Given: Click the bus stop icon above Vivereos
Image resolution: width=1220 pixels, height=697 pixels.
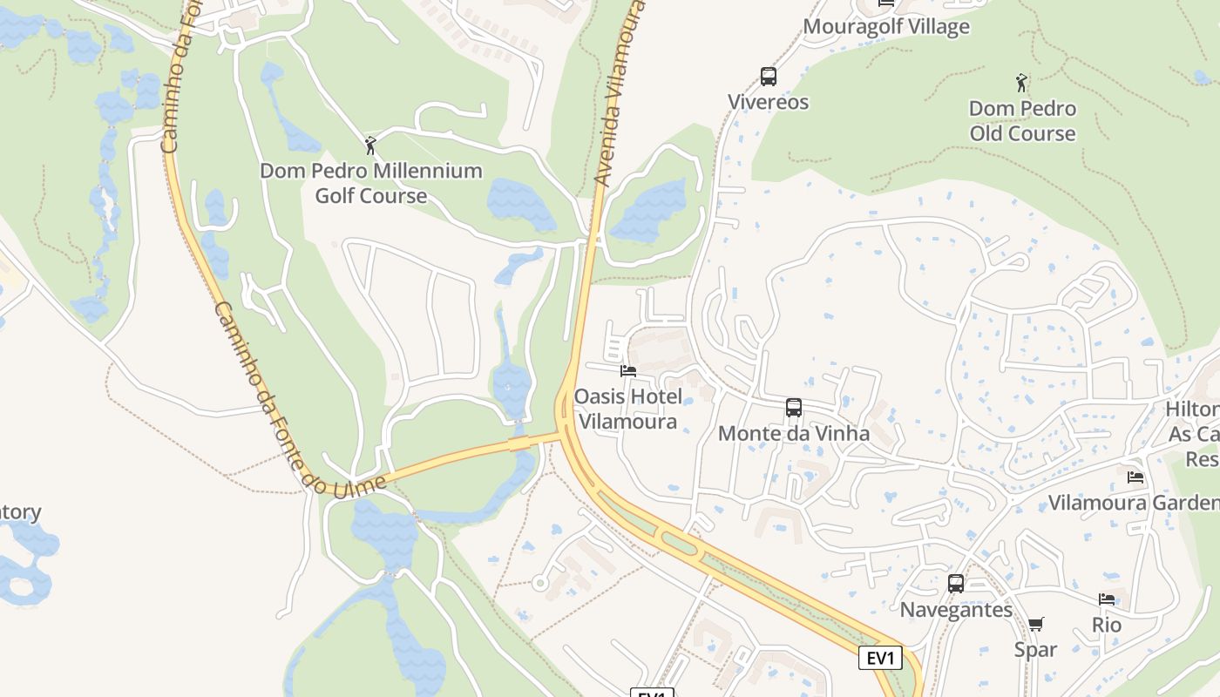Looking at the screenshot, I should tap(768, 77).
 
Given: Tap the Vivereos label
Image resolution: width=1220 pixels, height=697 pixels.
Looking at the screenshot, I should tap(768, 102).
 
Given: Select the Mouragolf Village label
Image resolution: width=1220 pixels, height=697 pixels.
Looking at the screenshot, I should tap(885, 26).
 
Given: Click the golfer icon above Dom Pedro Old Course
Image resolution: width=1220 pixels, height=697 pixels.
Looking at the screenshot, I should tap(1021, 83).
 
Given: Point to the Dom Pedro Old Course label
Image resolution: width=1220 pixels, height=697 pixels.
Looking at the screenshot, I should tap(1022, 121).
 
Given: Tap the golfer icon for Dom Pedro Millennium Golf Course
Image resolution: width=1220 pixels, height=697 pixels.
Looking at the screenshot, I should tap(370, 145).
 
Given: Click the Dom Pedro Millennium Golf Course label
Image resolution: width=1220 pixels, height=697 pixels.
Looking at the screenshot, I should tap(371, 183).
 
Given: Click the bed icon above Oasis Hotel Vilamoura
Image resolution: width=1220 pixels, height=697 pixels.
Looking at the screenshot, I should tap(627, 371).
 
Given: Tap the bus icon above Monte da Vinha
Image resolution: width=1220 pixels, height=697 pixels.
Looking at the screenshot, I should tap(793, 407).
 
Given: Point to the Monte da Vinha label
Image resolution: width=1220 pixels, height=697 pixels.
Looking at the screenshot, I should tap(793, 433).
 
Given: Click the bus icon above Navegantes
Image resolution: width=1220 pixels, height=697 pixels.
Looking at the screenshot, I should tap(956, 584).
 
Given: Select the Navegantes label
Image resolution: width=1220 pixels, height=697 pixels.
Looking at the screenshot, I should tap(956, 609).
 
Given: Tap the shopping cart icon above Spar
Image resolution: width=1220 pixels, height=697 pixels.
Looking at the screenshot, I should tap(1035, 624).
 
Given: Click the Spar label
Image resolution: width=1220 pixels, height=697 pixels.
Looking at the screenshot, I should tap(1035, 649).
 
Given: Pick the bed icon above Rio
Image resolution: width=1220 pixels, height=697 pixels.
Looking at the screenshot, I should tap(1107, 599).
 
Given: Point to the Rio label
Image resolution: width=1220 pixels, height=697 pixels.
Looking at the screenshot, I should tap(1107, 625).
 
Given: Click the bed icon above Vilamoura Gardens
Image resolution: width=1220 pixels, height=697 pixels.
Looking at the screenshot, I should tap(1135, 477).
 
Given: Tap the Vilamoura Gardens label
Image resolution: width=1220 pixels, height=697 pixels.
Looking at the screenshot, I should tap(1133, 503).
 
